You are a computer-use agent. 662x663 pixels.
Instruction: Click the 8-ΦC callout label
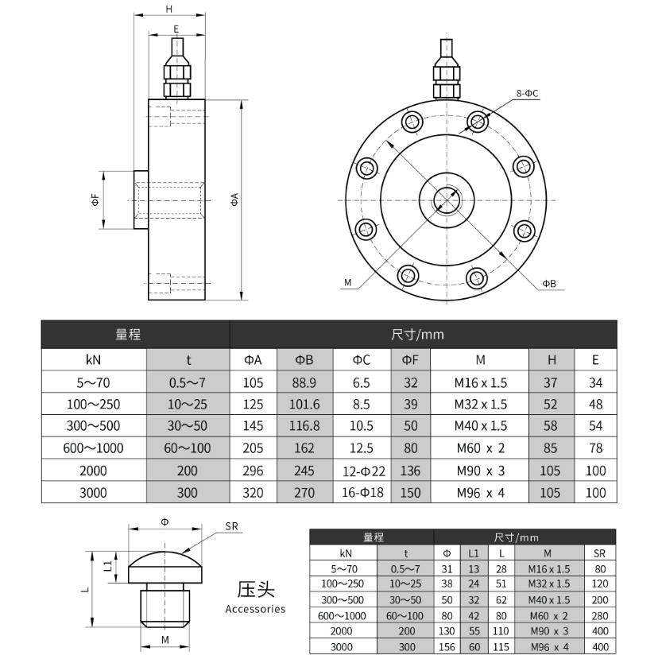point(527,93)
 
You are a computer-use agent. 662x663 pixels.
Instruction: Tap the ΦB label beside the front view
point(549,284)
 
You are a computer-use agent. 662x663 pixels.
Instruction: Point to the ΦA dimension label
point(234,200)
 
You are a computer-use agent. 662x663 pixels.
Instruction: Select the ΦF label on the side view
point(95,200)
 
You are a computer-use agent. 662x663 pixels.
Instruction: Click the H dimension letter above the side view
point(169,9)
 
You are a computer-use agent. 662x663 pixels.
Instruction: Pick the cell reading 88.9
point(304,382)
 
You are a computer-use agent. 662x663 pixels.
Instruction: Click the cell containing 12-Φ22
point(363,471)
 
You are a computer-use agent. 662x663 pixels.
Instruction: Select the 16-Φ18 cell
point(362,493)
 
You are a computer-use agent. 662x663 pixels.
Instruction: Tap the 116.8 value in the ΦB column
point(304,426)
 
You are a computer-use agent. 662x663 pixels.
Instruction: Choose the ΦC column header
point(362,360)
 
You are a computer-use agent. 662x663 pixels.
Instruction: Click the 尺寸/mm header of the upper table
point(417,335)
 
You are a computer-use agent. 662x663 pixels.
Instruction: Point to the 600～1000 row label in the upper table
point(94,448)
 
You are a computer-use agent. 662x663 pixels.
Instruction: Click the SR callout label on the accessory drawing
point(231,526)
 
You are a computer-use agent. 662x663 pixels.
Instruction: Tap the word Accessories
point(255,609)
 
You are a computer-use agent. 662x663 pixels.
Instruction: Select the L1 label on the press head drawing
point(108,566)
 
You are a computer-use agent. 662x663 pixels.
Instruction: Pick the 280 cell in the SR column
point(600,616)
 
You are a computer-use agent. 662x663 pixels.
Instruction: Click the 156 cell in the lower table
point(447,647)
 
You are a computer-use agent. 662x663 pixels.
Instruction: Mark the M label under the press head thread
point(165,640)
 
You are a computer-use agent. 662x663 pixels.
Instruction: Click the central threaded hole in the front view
point(447,200)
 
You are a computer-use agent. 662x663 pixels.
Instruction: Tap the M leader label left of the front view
point(348,282)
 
